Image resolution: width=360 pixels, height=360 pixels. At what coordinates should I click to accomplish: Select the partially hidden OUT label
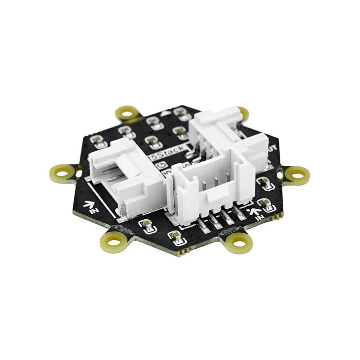click(272, 148)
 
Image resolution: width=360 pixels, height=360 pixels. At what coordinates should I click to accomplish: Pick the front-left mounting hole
click(115, 242)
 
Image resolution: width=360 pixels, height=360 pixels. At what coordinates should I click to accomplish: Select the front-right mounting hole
click(240, 243)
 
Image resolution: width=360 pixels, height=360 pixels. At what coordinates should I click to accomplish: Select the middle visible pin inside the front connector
click(216, 184)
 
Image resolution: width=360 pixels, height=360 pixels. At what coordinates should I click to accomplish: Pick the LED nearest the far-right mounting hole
click(264, 183)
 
